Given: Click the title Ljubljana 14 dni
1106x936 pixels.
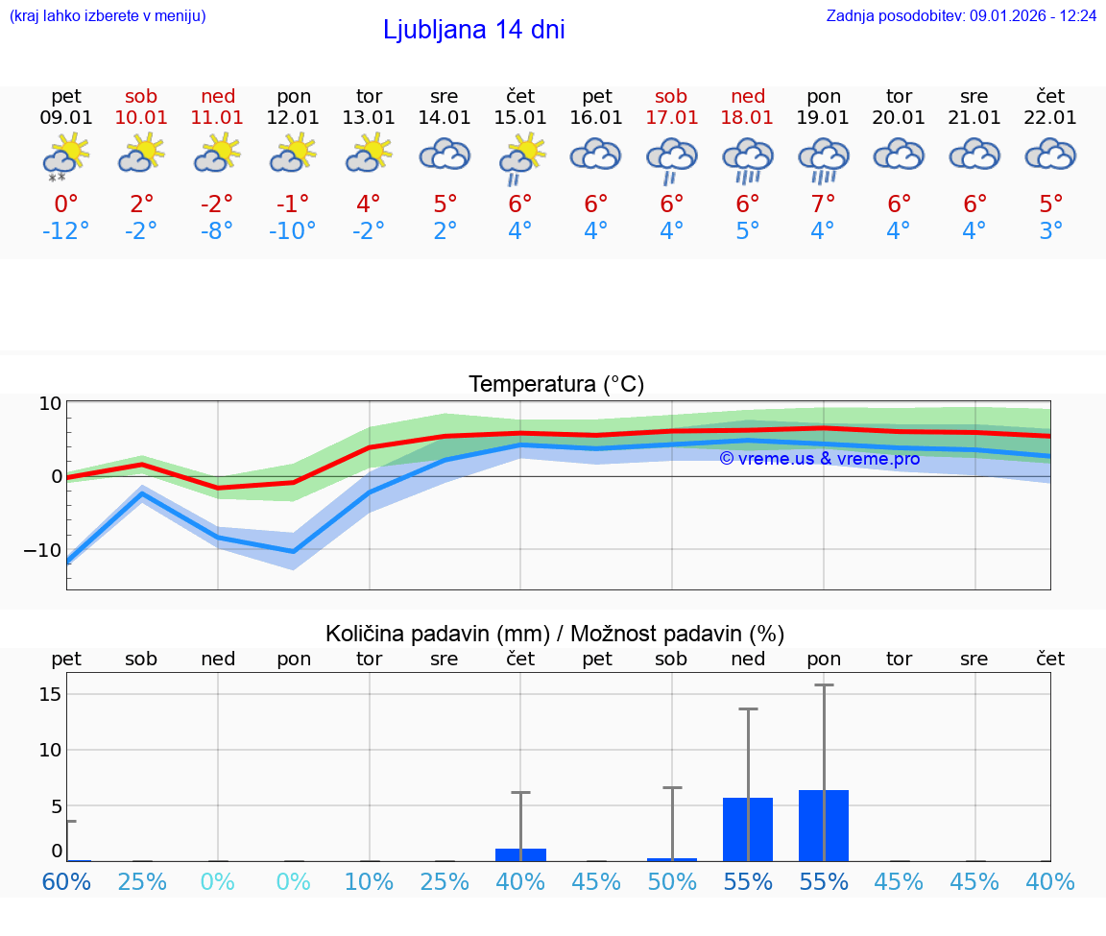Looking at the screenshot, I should click(x=473, y=30).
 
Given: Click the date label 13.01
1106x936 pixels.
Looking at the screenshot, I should click(x=369, y=118).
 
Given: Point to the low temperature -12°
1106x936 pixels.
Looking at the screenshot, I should click(x=66, y=231).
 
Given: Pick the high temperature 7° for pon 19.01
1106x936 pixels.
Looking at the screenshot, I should click(x=824, y=204).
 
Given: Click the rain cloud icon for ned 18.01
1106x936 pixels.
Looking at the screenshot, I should click(x=748, y=159).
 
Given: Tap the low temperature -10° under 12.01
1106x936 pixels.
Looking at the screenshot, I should click(x=293, y=231).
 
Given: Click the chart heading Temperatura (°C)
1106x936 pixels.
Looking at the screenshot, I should click(x=556, y=385).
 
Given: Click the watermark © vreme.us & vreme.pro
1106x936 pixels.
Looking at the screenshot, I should click(x=820, y=459).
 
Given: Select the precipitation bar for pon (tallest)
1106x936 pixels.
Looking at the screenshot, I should click(x=824, y=826).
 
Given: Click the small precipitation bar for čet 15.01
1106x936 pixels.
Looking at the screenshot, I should click(x=520, y=854).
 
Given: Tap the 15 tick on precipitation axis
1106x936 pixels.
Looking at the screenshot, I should click(x=51, y=693).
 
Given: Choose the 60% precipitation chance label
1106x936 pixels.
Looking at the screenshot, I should click(x=66, y=881).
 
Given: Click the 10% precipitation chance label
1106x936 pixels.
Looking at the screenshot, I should click(x=369, y=881).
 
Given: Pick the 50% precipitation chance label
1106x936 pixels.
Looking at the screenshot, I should click(x=672, y=881).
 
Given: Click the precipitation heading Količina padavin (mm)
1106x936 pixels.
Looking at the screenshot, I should click(x=438, y=634).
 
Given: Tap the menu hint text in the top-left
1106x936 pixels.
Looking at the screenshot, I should click(x=108, y=16).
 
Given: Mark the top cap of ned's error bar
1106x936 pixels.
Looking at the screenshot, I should click(x=748, y=708).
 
